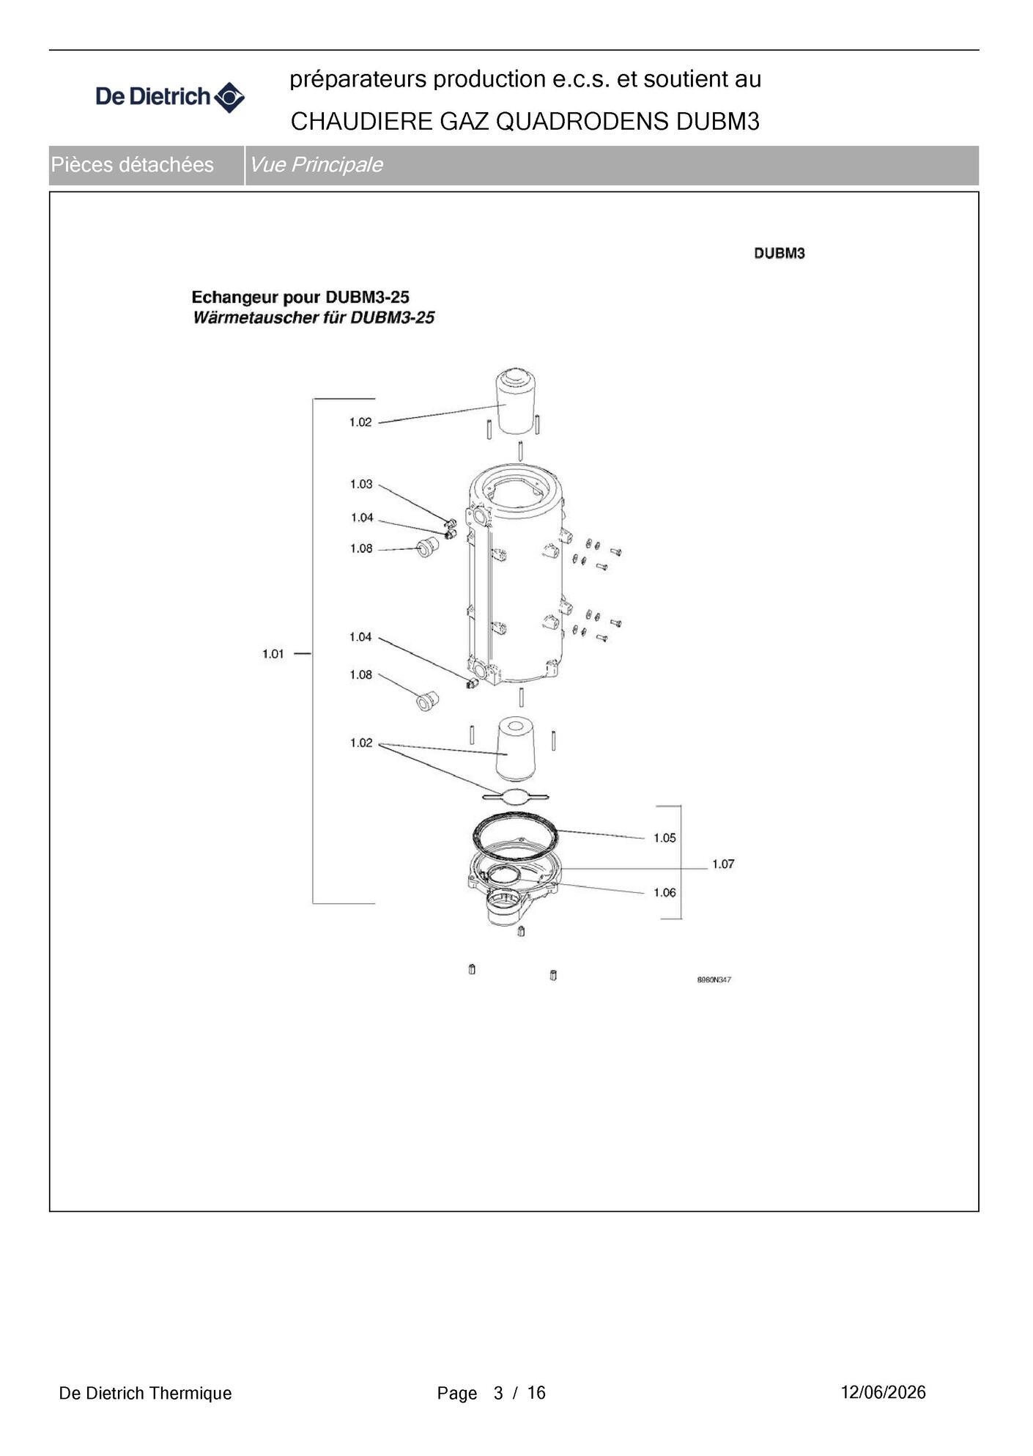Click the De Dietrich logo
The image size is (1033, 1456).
click(x=170, y=97)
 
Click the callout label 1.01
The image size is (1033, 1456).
click(x=273, y=653)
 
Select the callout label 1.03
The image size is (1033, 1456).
click(x=361, y=484)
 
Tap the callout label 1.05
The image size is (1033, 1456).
click(x=664, y=838)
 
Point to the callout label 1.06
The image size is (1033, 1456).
click(x=664, y=892)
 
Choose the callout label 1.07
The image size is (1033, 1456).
click(x=723, y=864)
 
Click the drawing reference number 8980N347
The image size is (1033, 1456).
click(x=714, y=979)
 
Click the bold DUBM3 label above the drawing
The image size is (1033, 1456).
click(x=780, y=253)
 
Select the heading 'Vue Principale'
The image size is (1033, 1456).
click(x=316, y=164)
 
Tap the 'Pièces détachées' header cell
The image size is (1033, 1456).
click(x=147, y=165)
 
